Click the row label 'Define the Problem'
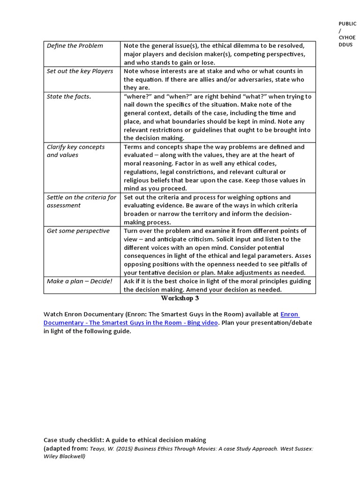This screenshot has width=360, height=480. point(75,46)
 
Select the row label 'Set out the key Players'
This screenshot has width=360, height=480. point(80,71)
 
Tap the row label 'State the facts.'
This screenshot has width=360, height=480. point(69,97)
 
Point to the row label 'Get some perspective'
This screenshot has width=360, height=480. point(78,231)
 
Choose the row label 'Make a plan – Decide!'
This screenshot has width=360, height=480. point(79,281)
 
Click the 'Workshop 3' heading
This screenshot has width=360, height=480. point(180,298)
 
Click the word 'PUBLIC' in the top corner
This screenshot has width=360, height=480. point(347,23)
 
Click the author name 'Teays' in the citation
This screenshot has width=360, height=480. point(97,449)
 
